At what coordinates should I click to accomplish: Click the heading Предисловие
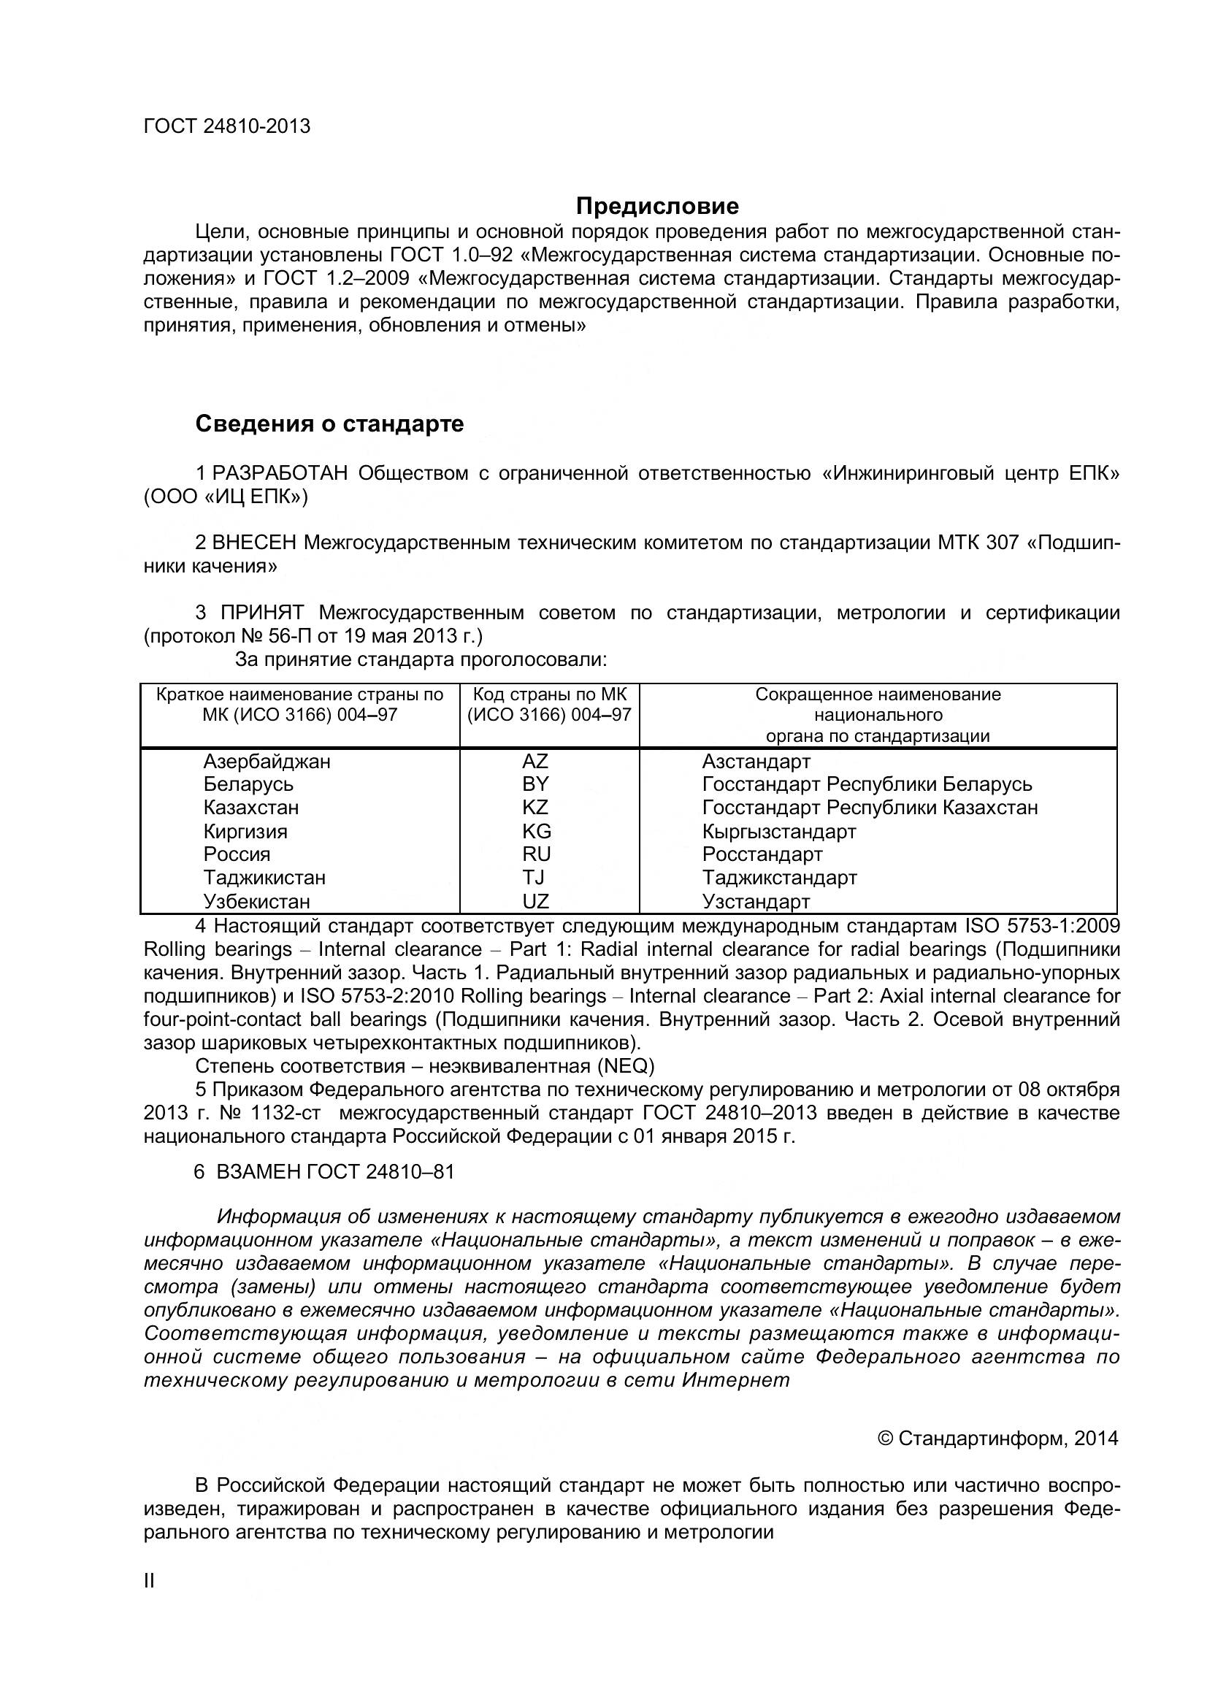[x=657, y=205]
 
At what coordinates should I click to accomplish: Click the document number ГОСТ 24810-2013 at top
[x=227, y=126]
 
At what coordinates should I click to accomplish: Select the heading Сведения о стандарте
[x=329, y=424]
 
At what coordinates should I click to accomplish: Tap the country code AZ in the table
[x=534, y=761]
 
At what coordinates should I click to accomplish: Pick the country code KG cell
[x=536, y=831]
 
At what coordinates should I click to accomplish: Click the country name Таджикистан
[x=264, y=878]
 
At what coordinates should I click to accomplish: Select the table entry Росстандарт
[x=762, y=854]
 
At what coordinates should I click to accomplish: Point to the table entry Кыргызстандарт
[x=778, y=831]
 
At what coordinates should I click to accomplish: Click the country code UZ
[x=535, y=902]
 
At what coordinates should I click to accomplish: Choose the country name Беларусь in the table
[x=248, y=784]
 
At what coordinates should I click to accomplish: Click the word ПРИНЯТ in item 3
[x=262, y=613]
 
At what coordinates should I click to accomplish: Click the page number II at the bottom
[x=149, y=1582]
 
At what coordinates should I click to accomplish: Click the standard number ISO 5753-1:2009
[x=1043, y=926]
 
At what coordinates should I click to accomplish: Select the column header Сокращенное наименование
[x=878, y=694]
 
